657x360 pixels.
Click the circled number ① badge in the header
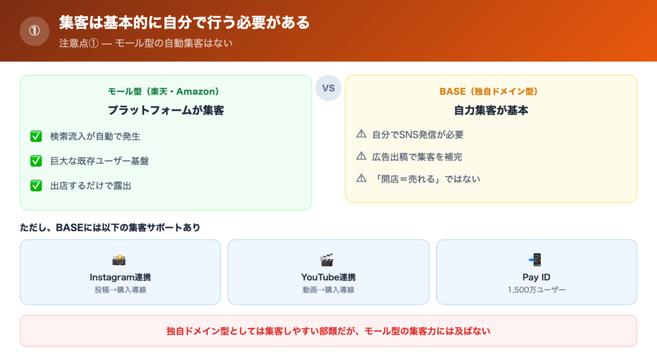tap(35, 31)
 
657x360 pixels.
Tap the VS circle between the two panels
tap(328, 88)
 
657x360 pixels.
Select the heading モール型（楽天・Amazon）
tap(166, 91)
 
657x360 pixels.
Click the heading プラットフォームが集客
tap(166, 110)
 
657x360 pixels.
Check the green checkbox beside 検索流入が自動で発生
tap(36, 136)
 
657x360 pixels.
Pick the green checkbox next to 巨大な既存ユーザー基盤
tap(36, 161)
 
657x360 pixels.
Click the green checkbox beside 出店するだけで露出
tap(36, 186)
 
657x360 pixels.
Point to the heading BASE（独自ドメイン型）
tap(491, 91)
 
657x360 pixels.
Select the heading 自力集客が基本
tap(491, 110)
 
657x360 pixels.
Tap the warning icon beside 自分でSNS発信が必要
tap(361, 135)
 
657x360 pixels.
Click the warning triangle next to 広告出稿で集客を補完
tap(361, 157)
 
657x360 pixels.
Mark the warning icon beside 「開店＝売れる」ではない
tap(361, 178)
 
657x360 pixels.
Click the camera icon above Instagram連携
tap(119, 260)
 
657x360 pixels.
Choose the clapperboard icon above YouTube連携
tap(327, 260)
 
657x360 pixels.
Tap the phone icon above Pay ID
tap(536, 260)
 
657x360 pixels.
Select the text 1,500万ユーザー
tap(536, 290)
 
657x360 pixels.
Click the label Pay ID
tap(536, 277)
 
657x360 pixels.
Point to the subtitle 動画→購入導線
tap(328, 290)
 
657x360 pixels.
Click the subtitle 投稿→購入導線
tap(120, 290)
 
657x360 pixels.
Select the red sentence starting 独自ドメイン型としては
tap(328, 331)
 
